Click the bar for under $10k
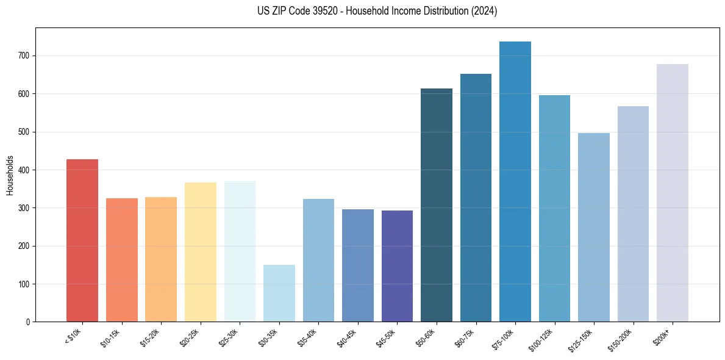click(x=82, y=240)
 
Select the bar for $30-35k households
click(x=279, y=293)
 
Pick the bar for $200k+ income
click(x=673, y=193)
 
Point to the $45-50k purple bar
click(x=397, y=266)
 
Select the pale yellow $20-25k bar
click(x=201, y=252)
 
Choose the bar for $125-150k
click(x=594, y=228)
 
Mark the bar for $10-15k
click(x=122, y=260)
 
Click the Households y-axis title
click(x=10, y=175)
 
